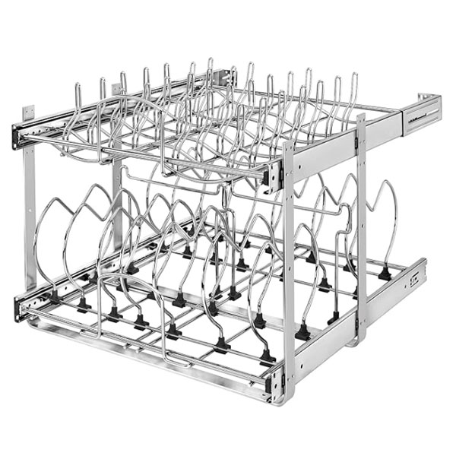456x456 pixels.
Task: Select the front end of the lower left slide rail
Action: pyautogui.click(x=20, y=307)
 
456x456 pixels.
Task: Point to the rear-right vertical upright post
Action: pyautogui.click(x=360, y=228)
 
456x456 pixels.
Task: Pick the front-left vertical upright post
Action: pyautogui.click(x=30, y=220)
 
